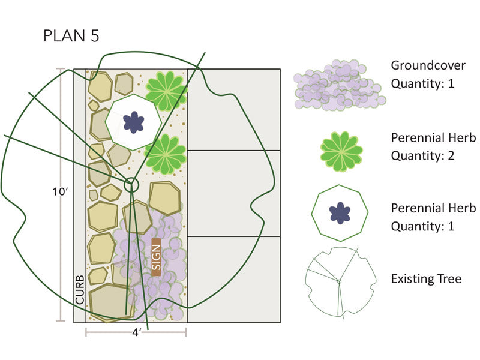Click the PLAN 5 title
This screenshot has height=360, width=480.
pyautogui.click(x=70, y=35)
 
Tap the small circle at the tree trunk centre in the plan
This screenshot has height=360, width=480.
pyautogui.click(x=131, y=184)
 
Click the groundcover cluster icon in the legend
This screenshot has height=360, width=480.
pyautogui.click(x=338, y=86)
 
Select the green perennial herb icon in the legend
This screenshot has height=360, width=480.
pyautogui.click(x=341, y=148)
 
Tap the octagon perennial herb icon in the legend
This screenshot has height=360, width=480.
pyautogui.click(x=340, y=212)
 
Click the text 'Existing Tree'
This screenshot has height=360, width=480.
pyautogui.click(x=426, y=279)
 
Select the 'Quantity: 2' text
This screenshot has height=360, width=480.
pyautogui.click(x=423, y=156)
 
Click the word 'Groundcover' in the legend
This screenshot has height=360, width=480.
pyautogui.click(x=428, y=65)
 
